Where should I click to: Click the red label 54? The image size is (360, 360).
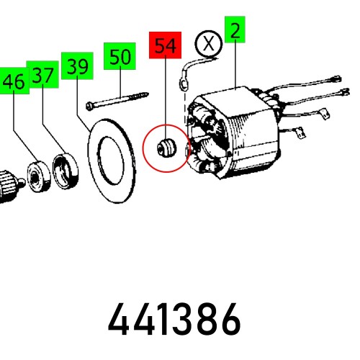click(165, 45)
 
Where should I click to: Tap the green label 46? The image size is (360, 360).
click(14, 82)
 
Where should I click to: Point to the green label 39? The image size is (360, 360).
click(76, 67)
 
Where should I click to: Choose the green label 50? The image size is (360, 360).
click(120, 57)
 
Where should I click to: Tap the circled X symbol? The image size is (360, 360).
click(209, 44)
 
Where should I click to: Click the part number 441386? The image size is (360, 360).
click(174, 319)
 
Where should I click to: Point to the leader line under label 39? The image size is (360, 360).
click(84, 101)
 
